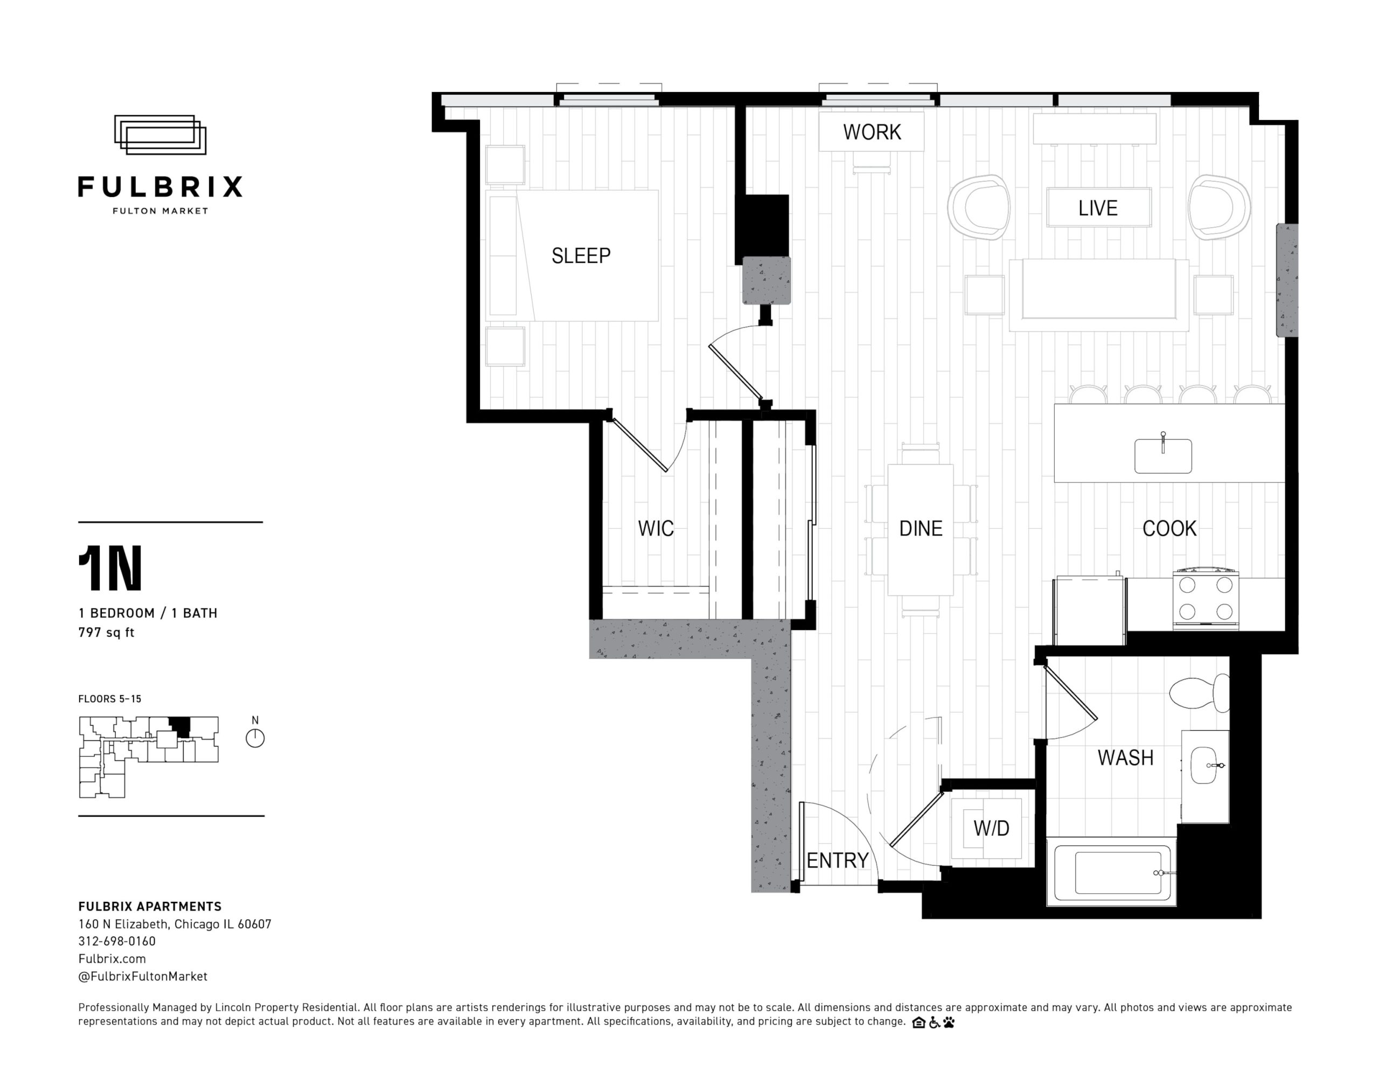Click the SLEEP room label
point(581,256)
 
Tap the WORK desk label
point(872,132)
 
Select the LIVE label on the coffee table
point(1098,208)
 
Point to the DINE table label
point(921,528)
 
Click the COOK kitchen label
point(1169,528)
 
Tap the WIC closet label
point(656,528)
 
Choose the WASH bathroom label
point(1126,758)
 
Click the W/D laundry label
point(991,828)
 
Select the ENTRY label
point(838,860)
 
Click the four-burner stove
point(1206,599)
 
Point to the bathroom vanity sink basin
point(1203,766)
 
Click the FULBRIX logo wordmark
point(161,187)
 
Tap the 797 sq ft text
point(106,633)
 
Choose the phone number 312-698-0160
point(117,941)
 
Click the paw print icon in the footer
point(949,1022)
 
